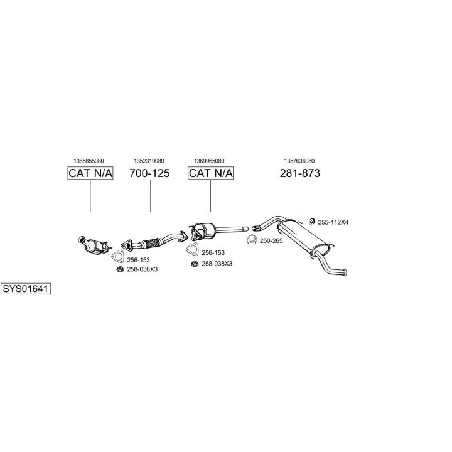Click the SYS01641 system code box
tap(26, 289)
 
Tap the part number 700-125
tap(149, 173)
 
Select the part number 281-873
tap(300, 173)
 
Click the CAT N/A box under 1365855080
tap(90, 173)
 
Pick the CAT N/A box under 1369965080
tap(210, 173)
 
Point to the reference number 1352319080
tap(149, 161)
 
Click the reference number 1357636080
tap(299, 161)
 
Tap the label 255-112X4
tap(333, 222)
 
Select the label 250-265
tap(271, 240)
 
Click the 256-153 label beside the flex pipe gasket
tap(138, 260)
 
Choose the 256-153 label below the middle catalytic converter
tap(213, 253)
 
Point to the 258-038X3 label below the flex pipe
tap(142, 269)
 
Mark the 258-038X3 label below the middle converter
tap(217, 264)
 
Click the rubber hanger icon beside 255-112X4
tap(311, 222)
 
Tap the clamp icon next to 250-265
tap(252, 240)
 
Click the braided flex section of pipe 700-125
tap(152, 243)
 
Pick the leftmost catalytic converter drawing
tap(94, 245)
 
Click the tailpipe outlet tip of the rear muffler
tap(345, 272)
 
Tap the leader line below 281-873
tap(301, 196)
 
